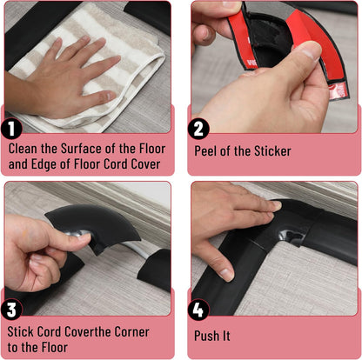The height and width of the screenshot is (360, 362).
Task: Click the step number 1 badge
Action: pyautogui.click(x=11, y=129)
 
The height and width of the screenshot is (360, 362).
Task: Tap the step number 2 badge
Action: pyautogui.click(x=198, y=129)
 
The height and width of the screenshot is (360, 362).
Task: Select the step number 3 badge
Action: pyautogui.click(x=11, y=310)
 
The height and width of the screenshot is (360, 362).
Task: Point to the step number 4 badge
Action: pyautogui.click(x=198, y=310)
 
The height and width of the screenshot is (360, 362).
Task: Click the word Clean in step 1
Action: pyautogui.click(x=23, y=149)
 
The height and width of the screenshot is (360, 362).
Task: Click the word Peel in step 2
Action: pyautogui.click(x=205, y=151)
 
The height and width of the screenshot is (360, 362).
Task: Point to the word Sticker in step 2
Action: pyautogui.click(x=272, y=151)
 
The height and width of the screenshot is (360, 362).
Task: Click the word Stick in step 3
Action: pyautogui.click(x=20, y=331)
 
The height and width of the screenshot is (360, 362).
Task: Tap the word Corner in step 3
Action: pyautogui.click(x=131, y=331)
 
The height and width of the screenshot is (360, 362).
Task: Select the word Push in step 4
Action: pyautogui.click(x=206, y=336)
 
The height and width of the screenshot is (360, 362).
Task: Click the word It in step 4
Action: pyautogui.click(x=226, y=336)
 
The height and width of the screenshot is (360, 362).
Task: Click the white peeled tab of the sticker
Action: pyautogui.click(x=338, y=90)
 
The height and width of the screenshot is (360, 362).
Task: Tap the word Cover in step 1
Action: pyautogui.click(x=145, y=164)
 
